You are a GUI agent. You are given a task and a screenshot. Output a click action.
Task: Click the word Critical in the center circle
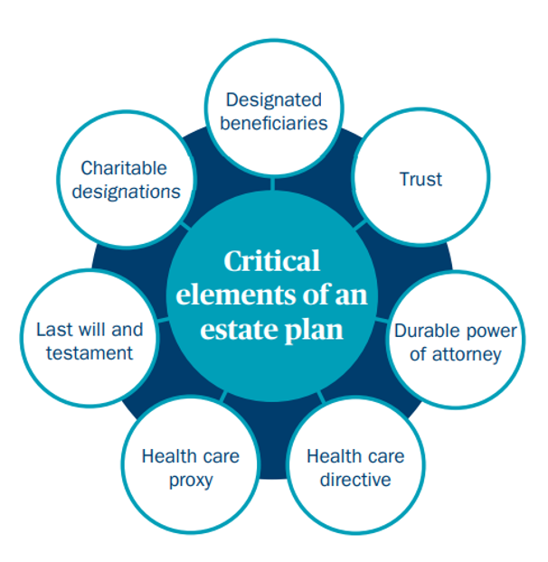click(272, 260)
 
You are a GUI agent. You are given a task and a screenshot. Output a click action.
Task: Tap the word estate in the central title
click(239, 330)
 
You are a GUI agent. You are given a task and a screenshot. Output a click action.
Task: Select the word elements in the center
click(236, 295)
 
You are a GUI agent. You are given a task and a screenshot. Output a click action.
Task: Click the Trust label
click(420, 179)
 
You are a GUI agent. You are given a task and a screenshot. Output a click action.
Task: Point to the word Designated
click(274, 99)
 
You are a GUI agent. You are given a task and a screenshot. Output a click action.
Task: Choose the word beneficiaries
click(274, 123)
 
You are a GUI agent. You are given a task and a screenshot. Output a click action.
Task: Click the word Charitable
click(124, 168)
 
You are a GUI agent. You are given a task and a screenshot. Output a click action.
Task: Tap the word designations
click(127, 192)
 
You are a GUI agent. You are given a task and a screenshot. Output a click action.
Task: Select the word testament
click(90, 353)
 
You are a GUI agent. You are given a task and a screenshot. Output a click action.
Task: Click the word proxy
click(191, 481)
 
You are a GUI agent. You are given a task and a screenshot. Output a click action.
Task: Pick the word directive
click(355, 480)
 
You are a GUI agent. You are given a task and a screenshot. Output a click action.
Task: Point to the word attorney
click(467, 355)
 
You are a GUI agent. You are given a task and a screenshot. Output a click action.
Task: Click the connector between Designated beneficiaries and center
click(272, 183)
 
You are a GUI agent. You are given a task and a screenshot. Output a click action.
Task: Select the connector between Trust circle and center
click(361, 225)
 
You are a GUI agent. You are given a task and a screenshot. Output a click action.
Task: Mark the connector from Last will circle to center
click(163, 319)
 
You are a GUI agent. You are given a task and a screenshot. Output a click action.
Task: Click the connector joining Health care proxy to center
click(223, 396)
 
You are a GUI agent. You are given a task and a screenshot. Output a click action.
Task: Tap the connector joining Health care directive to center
click(321, 397)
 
